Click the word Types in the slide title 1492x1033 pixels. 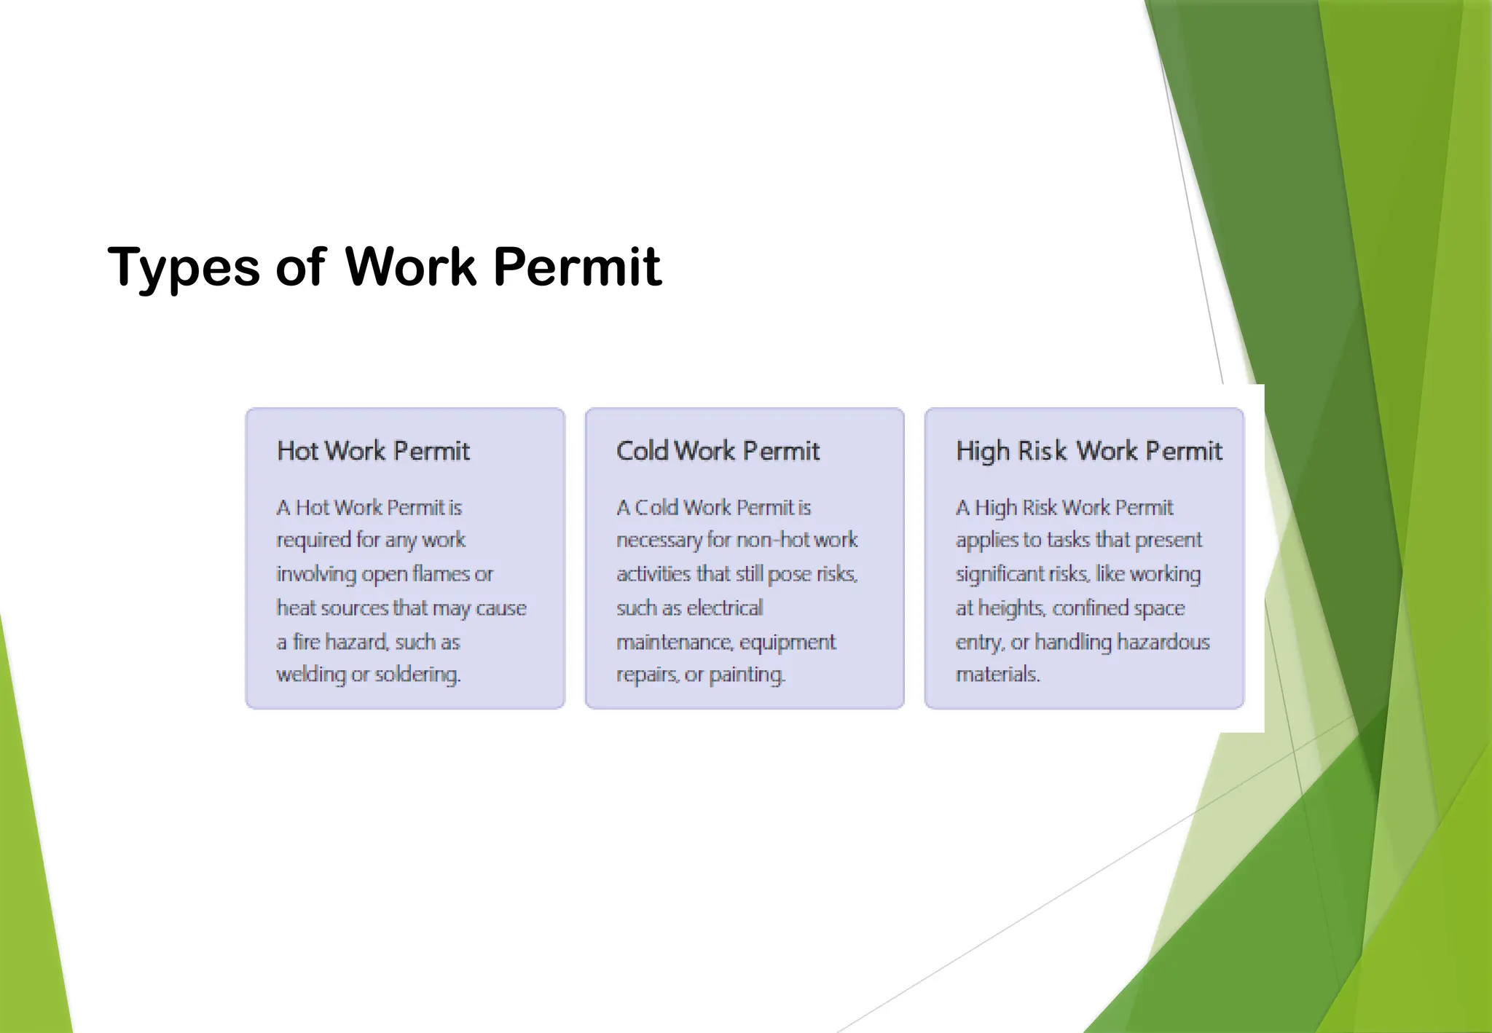184,268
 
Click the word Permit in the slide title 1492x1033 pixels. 577,267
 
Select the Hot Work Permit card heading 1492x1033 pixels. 373,451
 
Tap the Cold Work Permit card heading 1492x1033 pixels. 718,451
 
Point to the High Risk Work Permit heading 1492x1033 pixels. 1088,451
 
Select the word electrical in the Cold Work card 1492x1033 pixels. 724,608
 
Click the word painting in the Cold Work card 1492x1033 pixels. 747,675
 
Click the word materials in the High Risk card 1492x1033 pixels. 997,675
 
